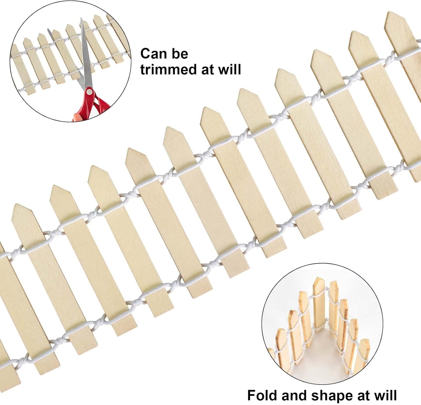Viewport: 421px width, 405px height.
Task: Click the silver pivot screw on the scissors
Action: pos(88,92)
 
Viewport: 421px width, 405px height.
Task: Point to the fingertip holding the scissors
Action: pos(77,118)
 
